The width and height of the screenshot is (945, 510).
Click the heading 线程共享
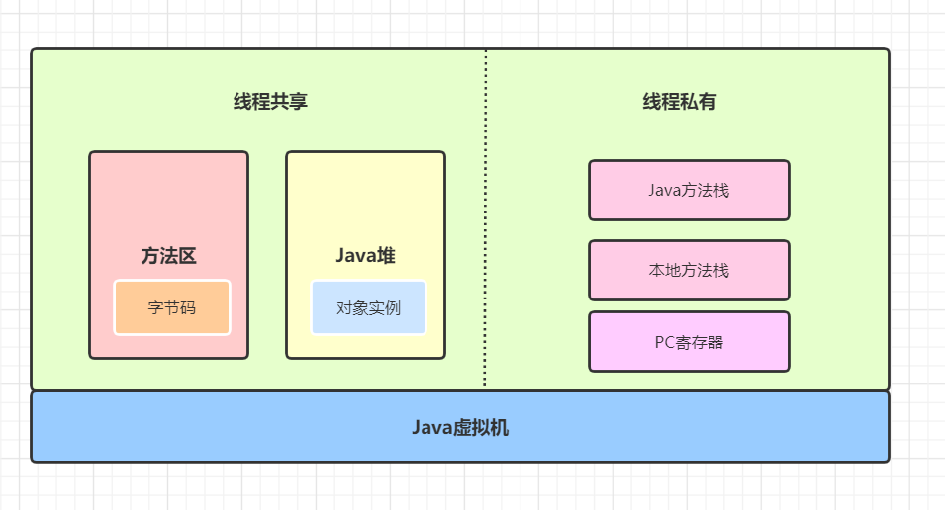point(270,101)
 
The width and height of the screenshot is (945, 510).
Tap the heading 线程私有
point(679,101)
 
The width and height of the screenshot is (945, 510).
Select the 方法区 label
point(168,256)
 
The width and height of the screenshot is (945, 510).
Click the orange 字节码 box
point(172,307)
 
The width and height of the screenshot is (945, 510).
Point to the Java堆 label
point(365,256)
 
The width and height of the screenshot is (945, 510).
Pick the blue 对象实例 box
point(368,307)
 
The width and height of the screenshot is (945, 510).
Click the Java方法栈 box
point(689,190)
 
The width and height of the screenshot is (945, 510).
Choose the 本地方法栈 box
point(689,270)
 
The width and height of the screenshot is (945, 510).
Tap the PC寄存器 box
point(689,342)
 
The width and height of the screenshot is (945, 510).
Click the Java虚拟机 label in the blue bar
point(460,428)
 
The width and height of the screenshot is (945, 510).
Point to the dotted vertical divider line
point(485,217)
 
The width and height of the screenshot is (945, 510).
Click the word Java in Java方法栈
point(664,190)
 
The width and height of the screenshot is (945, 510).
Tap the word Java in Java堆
point(354,256)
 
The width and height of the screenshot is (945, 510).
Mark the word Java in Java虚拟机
point(431,428)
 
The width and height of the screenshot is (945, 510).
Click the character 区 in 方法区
point(187,256)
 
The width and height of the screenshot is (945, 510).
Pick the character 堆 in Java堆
point(386,256)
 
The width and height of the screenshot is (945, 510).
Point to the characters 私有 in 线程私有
point(698,101)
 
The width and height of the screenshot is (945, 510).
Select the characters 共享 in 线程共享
point(289,101)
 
